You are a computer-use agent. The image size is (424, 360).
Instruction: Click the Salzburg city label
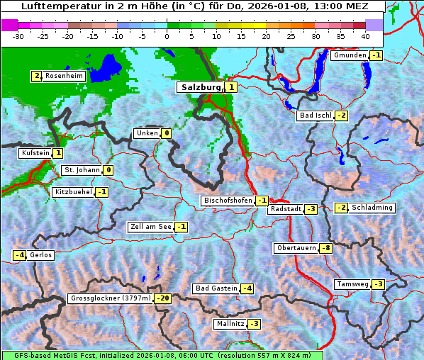click(x=201, y=87)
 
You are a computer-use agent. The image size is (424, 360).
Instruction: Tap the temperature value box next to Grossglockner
click(x=163, y=298)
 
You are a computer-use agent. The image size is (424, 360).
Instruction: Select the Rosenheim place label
click(x=64, y=76)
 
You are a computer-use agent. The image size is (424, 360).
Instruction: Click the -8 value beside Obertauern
click(x=325, y=248)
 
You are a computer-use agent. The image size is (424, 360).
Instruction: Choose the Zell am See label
click(x=150, y=227)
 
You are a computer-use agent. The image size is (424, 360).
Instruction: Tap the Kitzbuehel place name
click(x=72, y=192)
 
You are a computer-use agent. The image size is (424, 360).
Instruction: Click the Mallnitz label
click(x=229, y=324)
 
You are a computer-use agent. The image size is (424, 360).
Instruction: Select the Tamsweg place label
click(x=352, y=284)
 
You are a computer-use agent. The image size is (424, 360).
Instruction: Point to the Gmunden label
click(x=350, y=55)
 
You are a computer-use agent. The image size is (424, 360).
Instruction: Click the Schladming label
click(x=372, y=208)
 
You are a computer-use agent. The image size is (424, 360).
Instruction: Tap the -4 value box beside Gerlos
click(x=20, y=255)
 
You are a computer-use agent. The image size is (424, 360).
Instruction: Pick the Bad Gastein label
click(x=216, y=288)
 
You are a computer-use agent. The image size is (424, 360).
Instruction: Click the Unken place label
click(x=147, y=133)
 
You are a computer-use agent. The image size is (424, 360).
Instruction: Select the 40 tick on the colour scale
click(x=365, y=35)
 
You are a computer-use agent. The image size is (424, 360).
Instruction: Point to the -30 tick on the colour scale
click(x=18, y=35)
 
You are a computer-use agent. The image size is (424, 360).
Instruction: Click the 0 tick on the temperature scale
click(x=167, y=35)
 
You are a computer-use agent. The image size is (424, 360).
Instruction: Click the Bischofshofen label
click(x=228, y=201)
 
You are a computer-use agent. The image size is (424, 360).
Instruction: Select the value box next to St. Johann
click(x=108, y=170)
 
